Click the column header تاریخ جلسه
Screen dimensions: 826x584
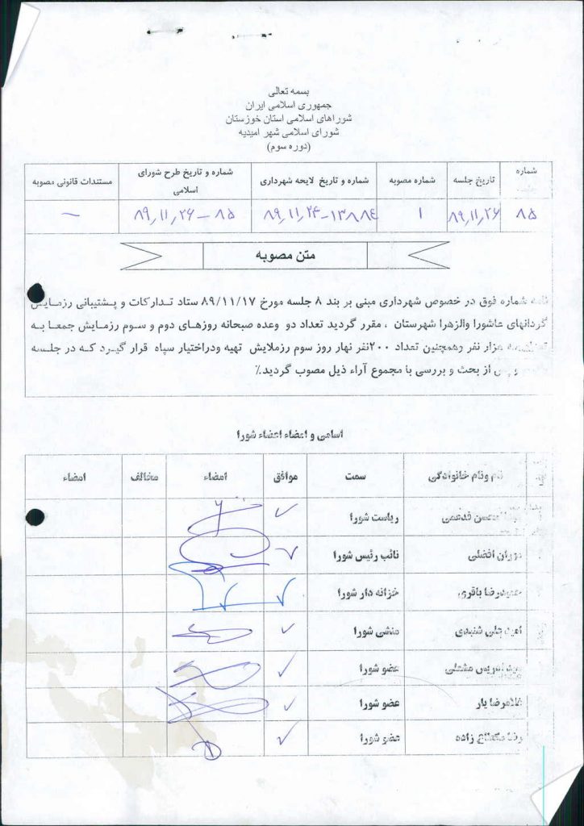click(x=474, y=181)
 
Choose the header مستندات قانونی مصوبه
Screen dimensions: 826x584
click(x=71, y=181)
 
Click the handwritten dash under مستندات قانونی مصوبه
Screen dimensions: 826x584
click(x=71, y=215)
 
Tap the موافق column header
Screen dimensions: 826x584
click(x=286, y=477)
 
